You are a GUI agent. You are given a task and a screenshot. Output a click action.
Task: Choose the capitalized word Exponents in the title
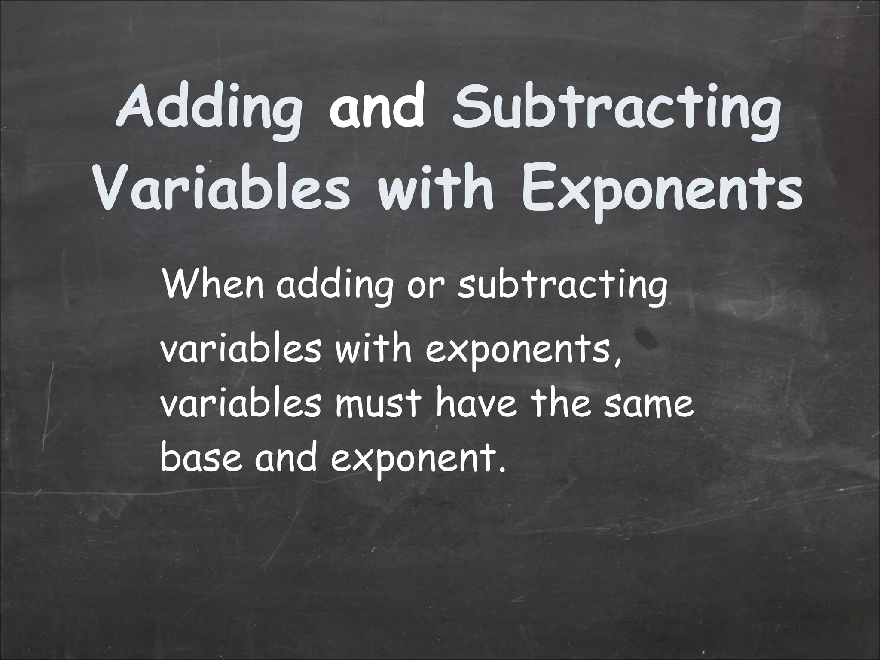click(x=662, y=189)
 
